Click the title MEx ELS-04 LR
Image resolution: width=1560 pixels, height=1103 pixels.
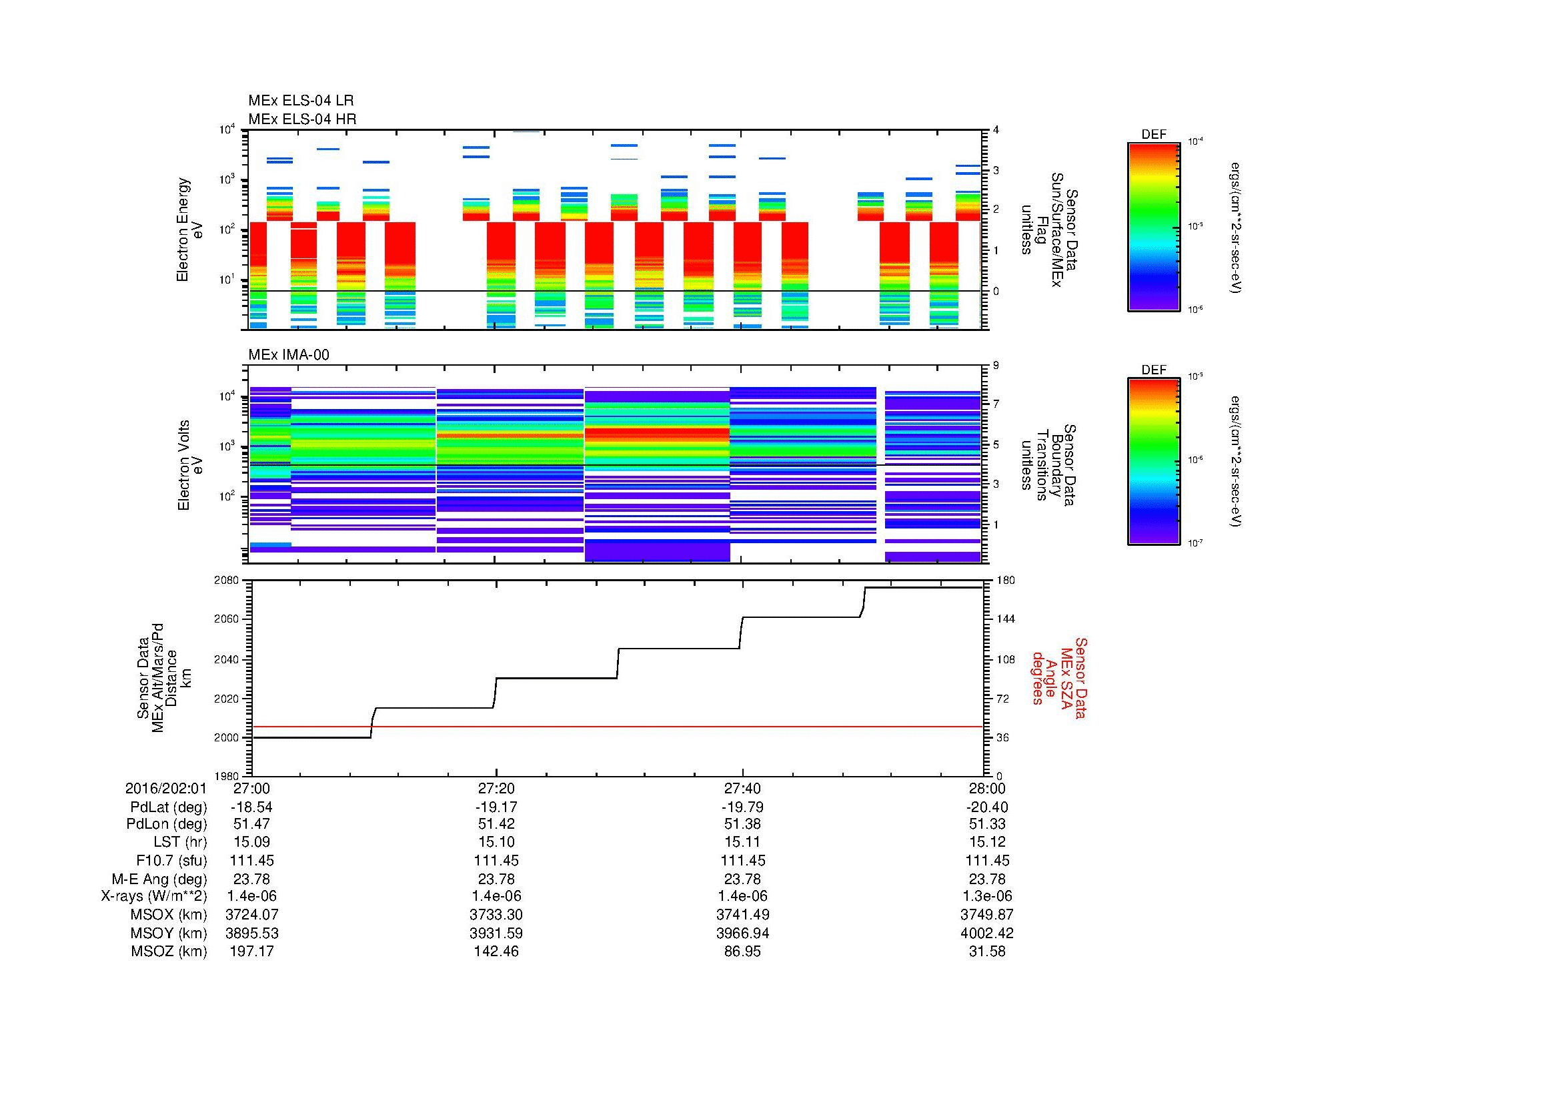[x=300, y=101]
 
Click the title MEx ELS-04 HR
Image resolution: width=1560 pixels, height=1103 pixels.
[x=301, y=119]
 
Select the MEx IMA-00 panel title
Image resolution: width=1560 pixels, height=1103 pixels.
[x=288, y=355]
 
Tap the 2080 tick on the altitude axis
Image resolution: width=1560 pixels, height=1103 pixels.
[x=227, y=580]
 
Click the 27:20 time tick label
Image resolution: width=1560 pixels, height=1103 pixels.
[x=496, y=788]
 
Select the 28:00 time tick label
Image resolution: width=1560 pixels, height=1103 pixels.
[x=986, y=788]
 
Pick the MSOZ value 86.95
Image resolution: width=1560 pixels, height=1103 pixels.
[x=742, y=952]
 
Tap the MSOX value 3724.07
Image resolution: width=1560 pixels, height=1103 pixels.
[x=251, y=915]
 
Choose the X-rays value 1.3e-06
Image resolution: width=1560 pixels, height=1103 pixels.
[x=986, y=896]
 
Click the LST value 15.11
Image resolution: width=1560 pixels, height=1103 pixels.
[x=742, y=842]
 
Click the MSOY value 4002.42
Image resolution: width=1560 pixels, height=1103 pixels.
[x=986, y=933]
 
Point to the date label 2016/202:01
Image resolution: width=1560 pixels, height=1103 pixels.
[x=165, y=788]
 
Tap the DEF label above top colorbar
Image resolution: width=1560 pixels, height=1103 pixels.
[x=1153, y=135]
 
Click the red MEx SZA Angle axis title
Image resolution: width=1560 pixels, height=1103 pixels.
[x=1058, y=677]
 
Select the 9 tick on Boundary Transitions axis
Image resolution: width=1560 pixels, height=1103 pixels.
[x=996, y=366]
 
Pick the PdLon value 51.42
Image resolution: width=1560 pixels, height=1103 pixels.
[x=496, y=824]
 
